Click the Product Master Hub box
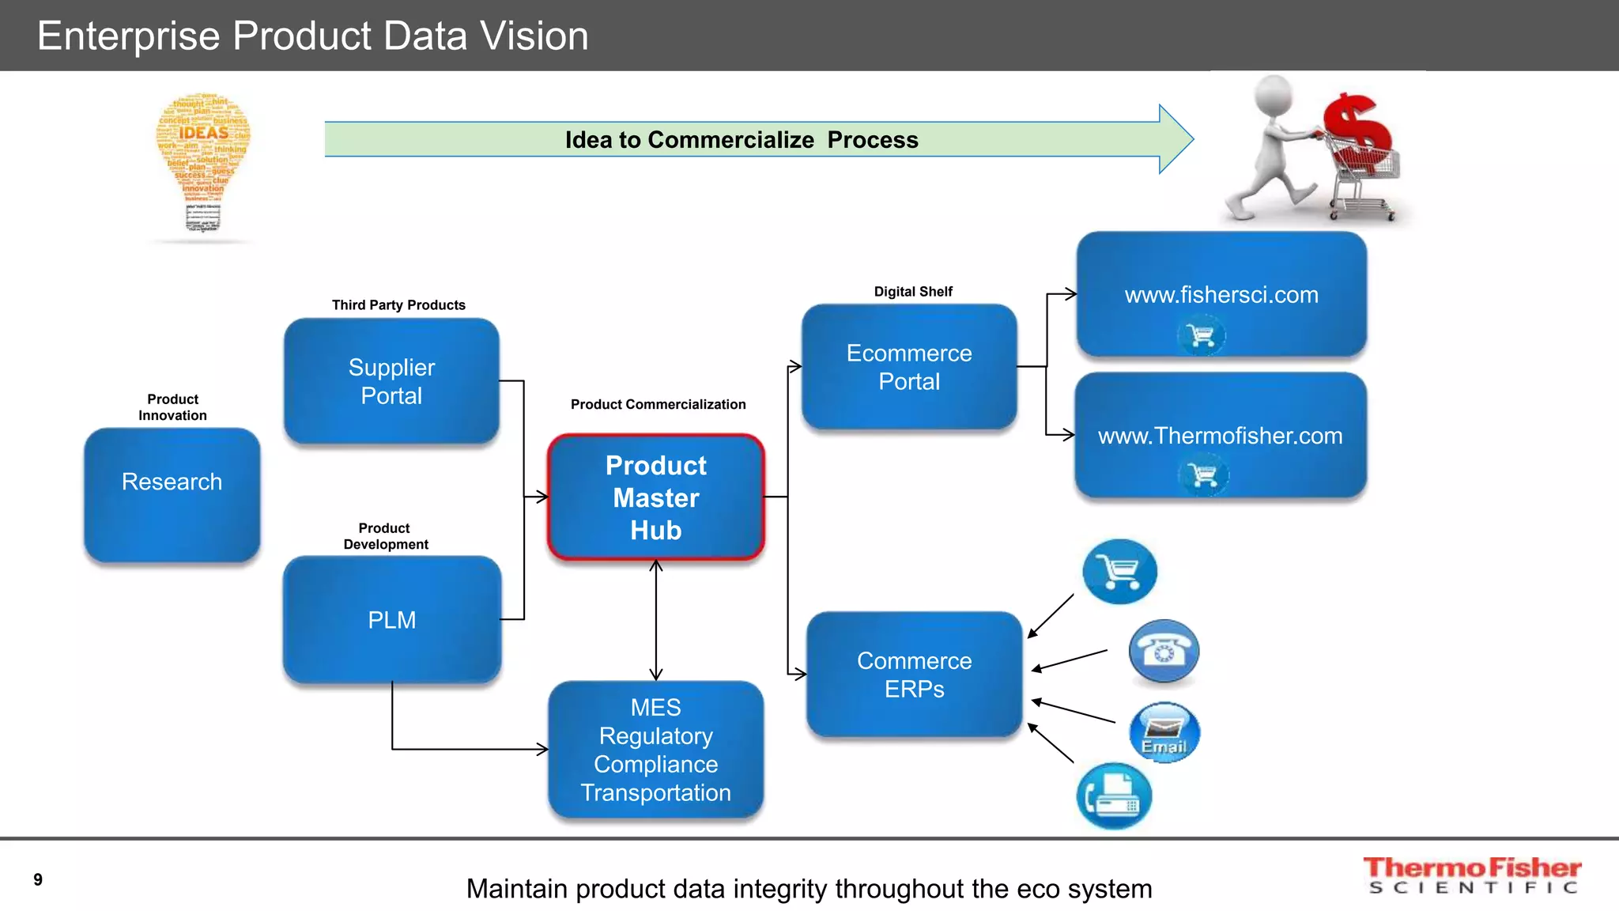tap(656, 497)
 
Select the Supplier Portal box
tap(391, 381)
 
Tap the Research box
tap(172, 494)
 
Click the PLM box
tap(392, 619)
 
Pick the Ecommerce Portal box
tap(909, 367)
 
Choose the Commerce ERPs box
tap(915, 675)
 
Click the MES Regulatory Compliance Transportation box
tap(656, 750)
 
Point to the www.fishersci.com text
tap(1221, 295)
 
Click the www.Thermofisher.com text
tap(1220, 436)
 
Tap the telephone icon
tap(1164, 652)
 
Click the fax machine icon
tap(1114, 796)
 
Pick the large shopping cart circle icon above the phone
tap(1119, 571)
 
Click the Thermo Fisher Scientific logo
tap(1472, 875)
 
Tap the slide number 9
tap(38, 879)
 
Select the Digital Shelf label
tap(913, 292)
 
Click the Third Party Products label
tap(398, 305)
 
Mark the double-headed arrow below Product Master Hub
tap(656, 620)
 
